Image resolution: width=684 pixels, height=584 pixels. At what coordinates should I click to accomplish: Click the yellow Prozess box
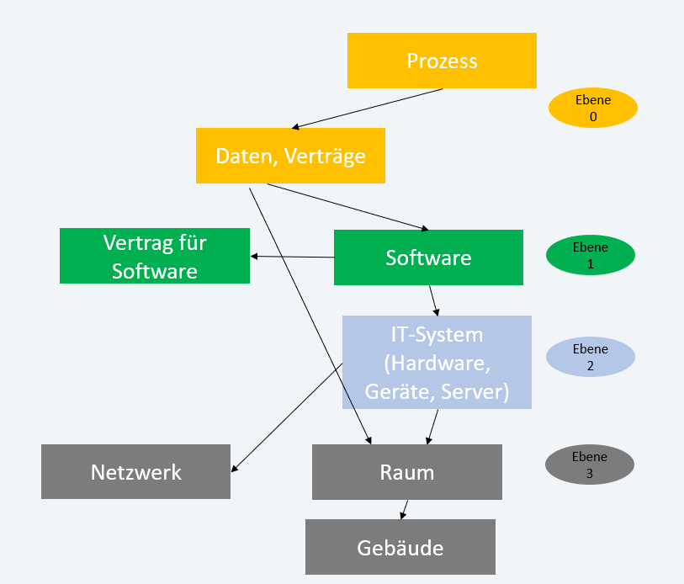coord(442,61)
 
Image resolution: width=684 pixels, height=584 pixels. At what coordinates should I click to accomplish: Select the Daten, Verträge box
coord(290,156)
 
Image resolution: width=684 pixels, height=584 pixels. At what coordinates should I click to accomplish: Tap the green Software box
coord(428,257)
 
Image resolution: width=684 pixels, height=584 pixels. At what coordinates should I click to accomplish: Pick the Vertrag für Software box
coord(155,256)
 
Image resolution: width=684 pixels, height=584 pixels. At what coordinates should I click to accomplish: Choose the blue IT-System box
coord(437,362)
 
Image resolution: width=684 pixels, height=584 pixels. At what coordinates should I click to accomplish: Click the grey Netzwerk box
coord(135,471)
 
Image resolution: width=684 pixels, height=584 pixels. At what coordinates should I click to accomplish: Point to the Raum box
coord(406,472)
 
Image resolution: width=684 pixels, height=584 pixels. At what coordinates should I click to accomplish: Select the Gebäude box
coord(400,547)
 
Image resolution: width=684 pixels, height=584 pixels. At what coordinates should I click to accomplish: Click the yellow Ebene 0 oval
coord(593,109)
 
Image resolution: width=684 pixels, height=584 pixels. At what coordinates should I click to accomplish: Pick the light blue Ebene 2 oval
coord(591,357)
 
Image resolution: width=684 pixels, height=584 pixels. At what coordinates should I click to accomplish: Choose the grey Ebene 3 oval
coord(589,465)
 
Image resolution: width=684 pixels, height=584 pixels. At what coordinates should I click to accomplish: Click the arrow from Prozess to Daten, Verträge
coord(367,109)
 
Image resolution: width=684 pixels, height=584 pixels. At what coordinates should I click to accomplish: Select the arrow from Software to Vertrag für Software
coord(293,257)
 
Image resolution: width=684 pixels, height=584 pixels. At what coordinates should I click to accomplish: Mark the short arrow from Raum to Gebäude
coord(404,509)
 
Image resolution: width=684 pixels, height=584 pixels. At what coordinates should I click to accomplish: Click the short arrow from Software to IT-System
coord(432,300)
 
